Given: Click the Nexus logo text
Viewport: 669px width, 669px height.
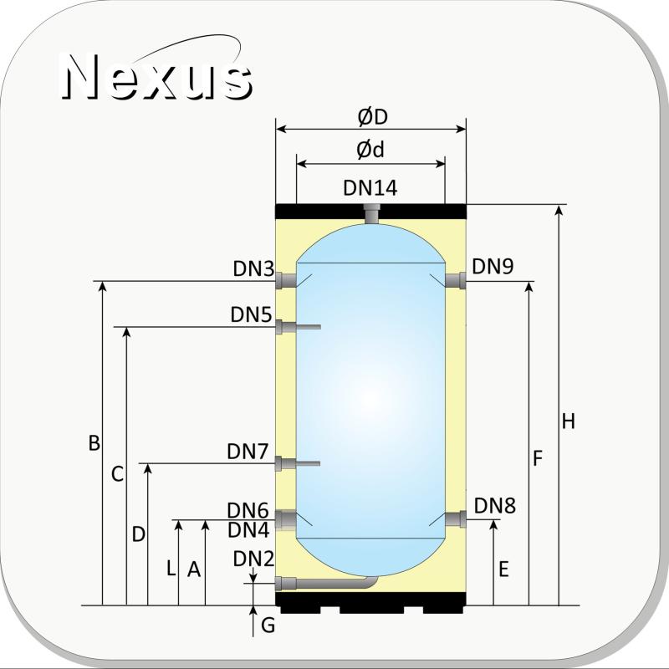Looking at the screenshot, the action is (157, 77).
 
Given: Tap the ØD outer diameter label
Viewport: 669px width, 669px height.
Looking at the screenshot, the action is (372, 117).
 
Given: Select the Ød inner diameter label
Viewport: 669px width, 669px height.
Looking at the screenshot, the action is (370, 150).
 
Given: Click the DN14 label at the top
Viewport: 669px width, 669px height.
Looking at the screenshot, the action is (370, 187).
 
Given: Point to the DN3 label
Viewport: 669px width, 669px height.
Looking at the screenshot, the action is (253, 268).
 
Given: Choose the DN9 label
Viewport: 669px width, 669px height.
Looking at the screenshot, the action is (493, 266).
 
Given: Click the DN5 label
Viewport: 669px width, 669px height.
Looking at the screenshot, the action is (251, 315).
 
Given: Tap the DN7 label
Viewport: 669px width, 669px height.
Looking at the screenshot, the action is (248, 452).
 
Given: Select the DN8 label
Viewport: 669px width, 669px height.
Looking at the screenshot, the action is (494, 506).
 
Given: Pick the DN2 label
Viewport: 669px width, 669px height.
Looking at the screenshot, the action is (253, 559).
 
